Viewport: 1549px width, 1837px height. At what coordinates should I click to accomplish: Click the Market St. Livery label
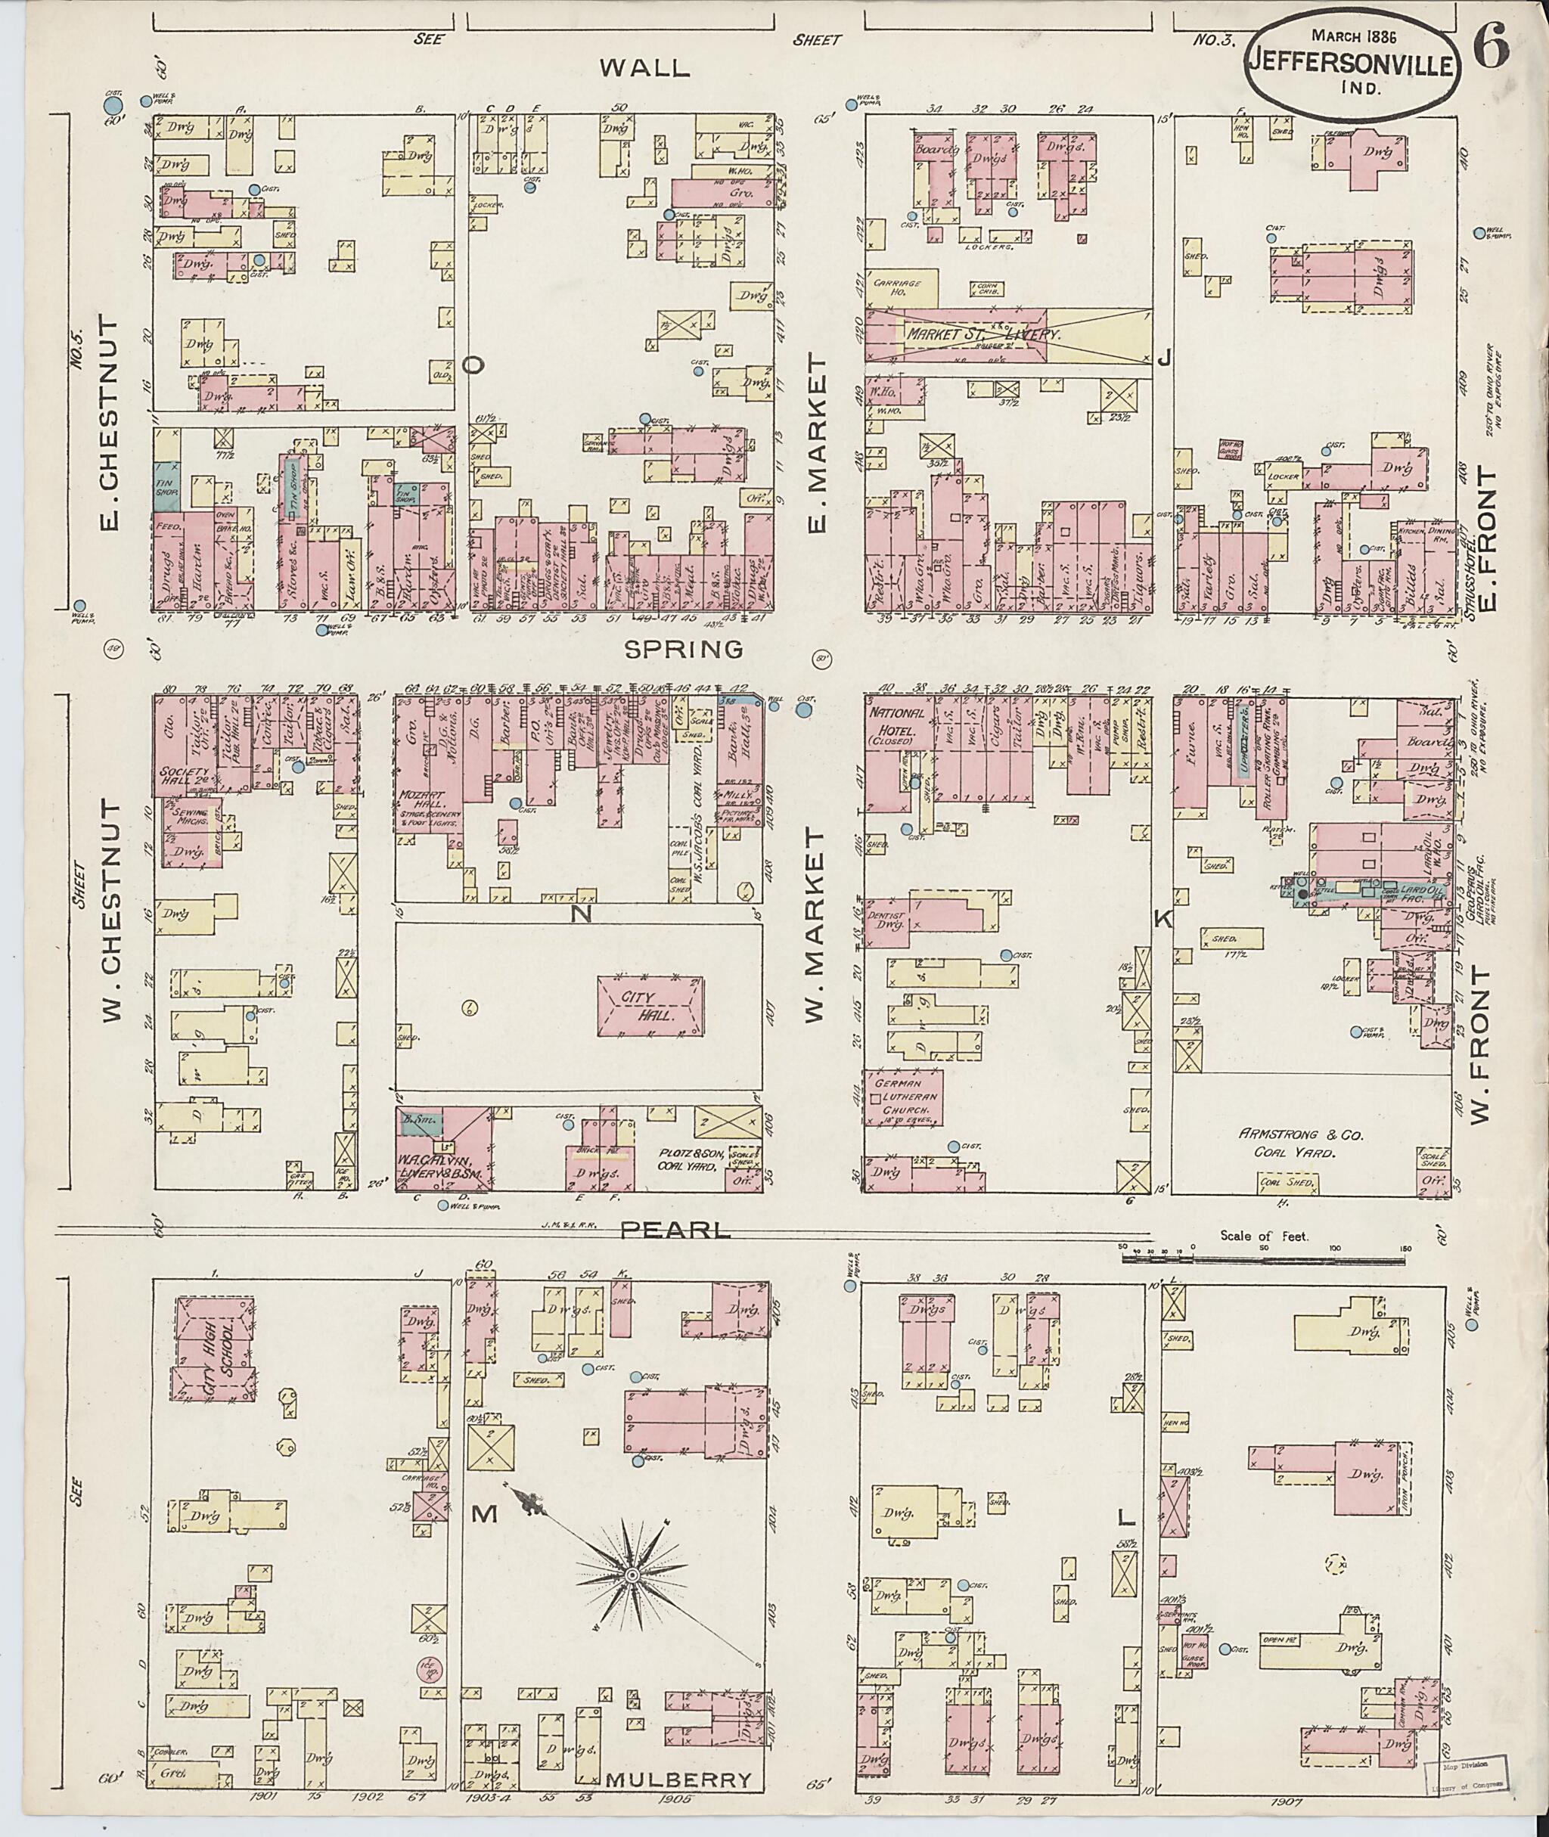point(983,334)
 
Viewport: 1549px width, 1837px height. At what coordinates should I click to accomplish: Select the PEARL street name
point(676,1232)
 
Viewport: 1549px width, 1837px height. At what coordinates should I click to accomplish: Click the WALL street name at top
point(644,69)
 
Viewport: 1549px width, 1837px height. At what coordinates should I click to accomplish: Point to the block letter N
point(579,916)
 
